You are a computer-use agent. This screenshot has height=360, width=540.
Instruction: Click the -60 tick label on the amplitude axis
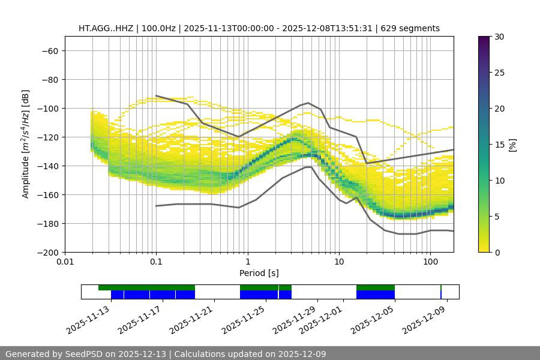(x=49, y=50)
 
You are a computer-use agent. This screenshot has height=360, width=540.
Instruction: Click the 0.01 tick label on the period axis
(x=65, y=262)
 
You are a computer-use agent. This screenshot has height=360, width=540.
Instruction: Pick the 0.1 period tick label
(x=156, y=262)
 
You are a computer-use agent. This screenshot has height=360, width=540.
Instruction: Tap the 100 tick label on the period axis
(x=430, y=262)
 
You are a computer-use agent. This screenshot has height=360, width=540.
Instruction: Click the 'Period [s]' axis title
(x=259, y=273)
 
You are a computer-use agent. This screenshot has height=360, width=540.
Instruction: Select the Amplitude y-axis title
(x=26, y=144)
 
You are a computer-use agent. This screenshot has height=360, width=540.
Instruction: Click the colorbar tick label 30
(x=499, y=37)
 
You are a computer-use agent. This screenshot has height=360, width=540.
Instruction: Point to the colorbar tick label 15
(x=499, y=145)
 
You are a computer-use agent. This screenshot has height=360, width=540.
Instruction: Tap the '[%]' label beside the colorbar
(x=513, y=145)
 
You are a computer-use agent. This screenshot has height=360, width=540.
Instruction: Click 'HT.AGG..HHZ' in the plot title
(x=106, y=28)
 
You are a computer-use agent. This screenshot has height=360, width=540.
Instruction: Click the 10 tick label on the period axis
(x=339, y=262)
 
